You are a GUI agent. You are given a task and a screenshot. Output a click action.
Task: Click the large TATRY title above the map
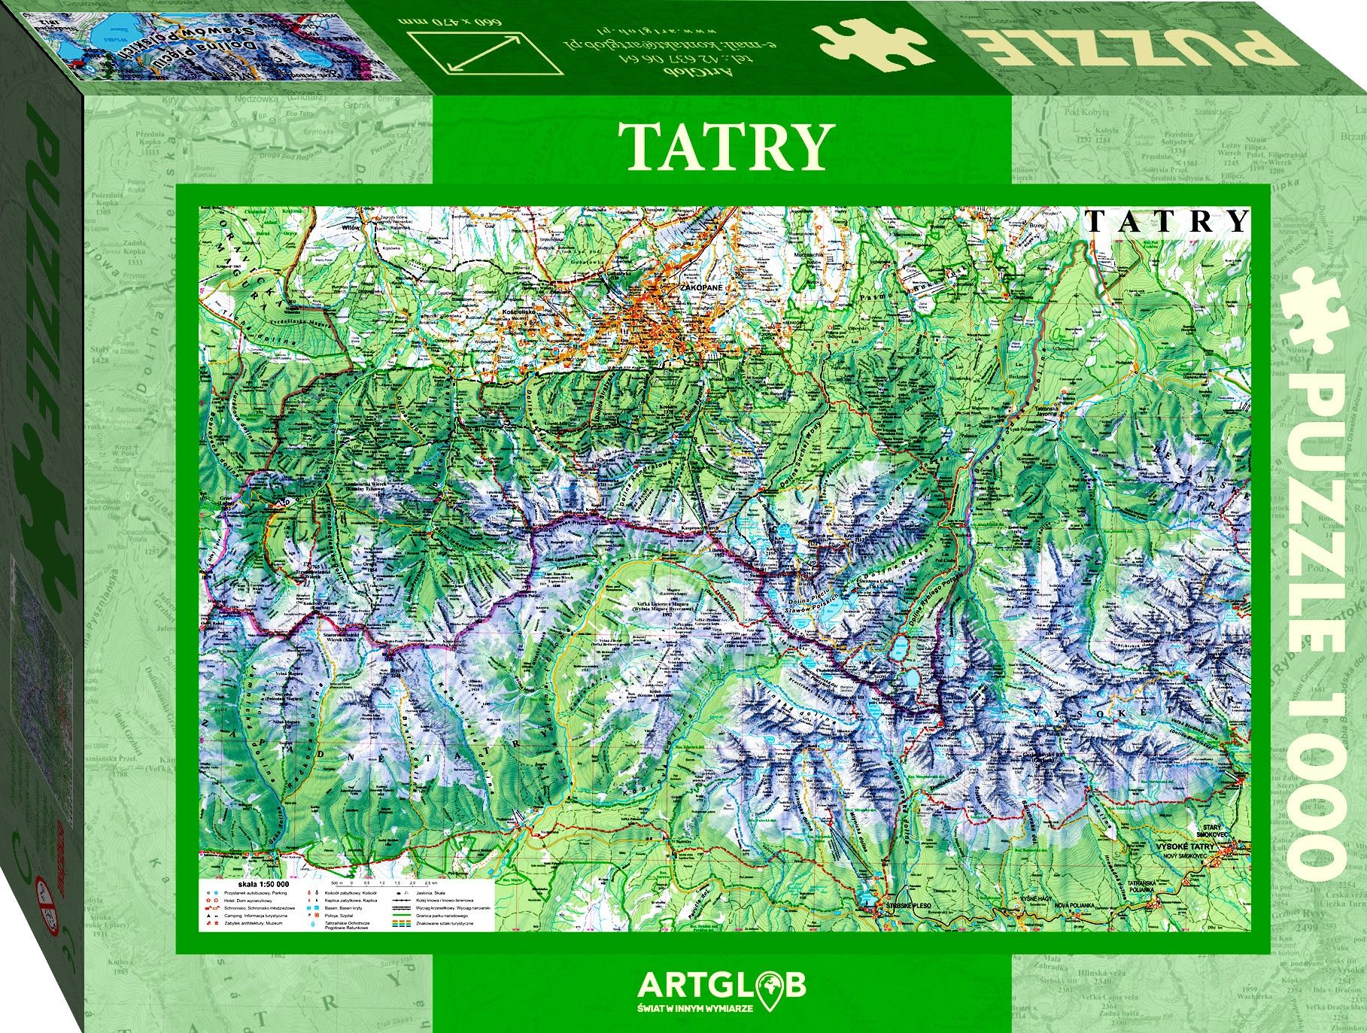coord(726,147)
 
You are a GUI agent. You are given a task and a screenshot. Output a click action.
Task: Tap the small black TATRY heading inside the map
coord(1167,220)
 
